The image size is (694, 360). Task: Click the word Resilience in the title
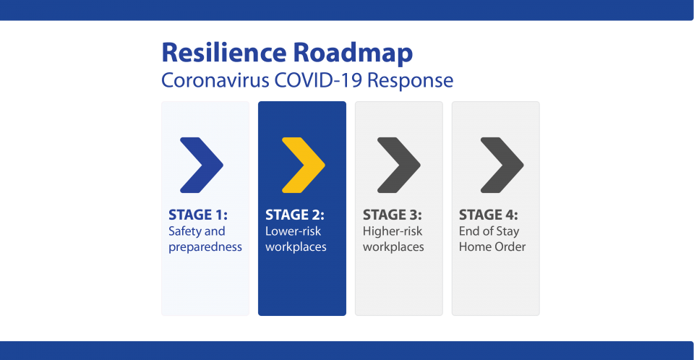224,52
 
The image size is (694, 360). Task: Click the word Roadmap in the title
353,53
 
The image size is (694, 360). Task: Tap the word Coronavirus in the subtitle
215,80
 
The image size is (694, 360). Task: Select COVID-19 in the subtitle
318,80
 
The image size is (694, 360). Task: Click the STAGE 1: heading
198,215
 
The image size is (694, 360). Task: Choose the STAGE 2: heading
295,215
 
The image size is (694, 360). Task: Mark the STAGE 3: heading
392,215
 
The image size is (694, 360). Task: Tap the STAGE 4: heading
488,215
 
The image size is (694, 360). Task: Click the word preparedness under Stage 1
205,247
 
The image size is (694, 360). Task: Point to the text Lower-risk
293,231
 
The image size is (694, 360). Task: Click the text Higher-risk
393,231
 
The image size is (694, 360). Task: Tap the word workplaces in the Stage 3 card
393,247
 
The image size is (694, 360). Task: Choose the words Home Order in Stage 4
492,247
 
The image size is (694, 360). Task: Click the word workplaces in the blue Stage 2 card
296,247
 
